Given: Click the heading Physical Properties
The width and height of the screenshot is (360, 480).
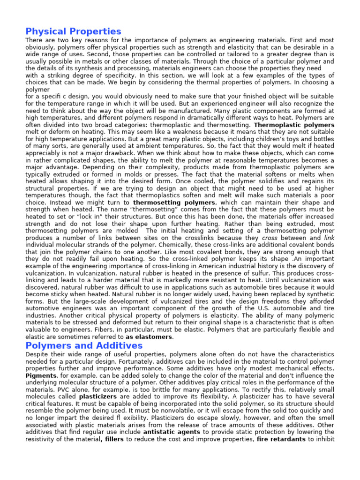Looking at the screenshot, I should click(x=73, y=32).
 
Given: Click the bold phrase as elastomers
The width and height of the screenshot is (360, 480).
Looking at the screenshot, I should click(x=149, y=337).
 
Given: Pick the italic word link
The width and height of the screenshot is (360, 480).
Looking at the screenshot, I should click(x=329, y=238).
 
